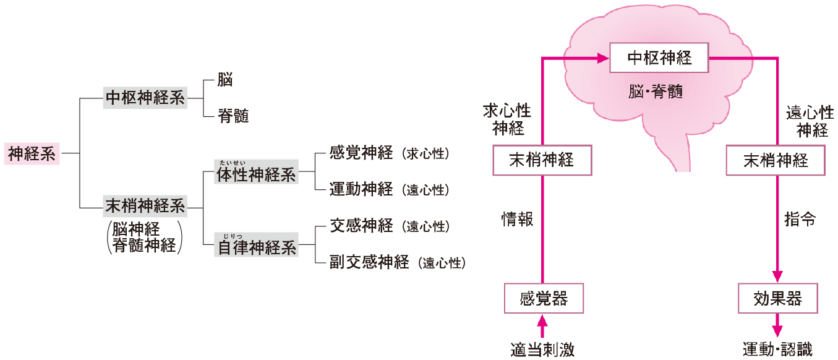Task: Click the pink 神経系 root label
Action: click(32, 154)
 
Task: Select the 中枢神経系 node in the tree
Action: click(145, 98)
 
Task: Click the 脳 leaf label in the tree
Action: click(225, 80)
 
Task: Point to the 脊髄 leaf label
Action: click(233, 116)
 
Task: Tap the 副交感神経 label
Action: click(370, 262)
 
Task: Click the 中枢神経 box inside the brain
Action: click(659, 59)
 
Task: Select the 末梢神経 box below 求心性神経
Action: click(542, 160)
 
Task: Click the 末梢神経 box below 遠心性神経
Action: click(776, 160)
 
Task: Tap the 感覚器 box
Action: click(544, 299)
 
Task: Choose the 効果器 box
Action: click(778, 299)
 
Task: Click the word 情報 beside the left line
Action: click(517, 220)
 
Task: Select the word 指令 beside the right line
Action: click(800, 220)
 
